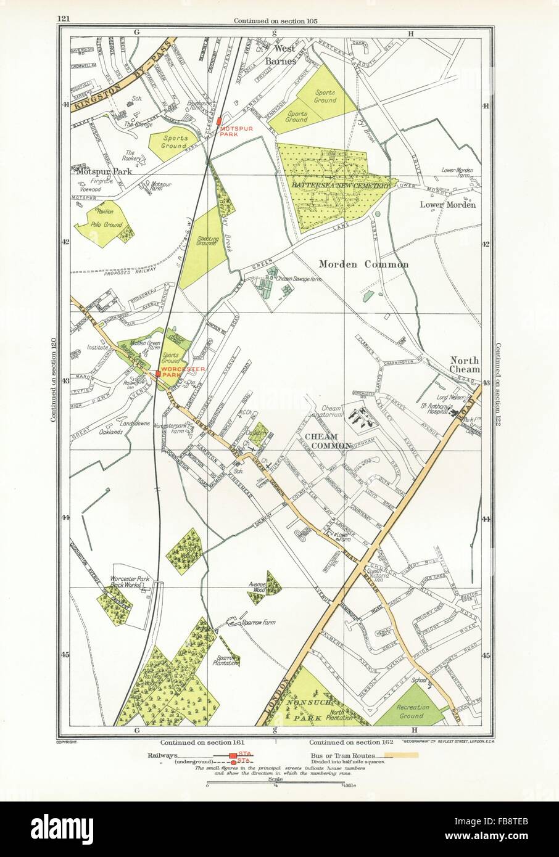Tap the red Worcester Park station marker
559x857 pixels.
coord(158,373)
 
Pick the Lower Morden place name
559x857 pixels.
coord(455,205)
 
